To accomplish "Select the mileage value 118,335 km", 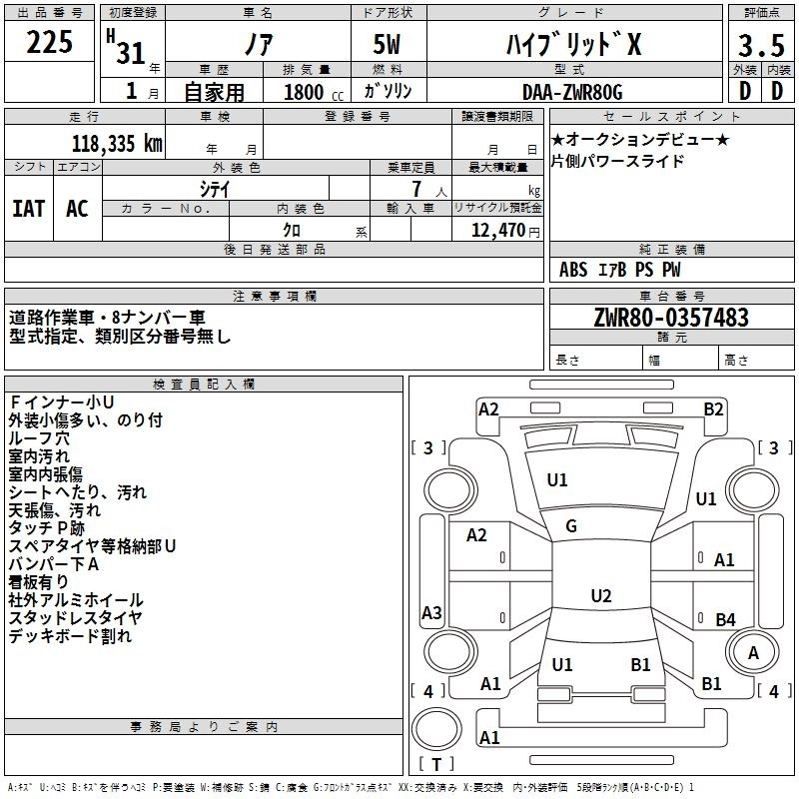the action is (116, 143).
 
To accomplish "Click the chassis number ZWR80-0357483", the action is (670, 318).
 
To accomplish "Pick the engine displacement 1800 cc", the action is (311, 93).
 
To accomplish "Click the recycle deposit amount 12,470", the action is (496, 231).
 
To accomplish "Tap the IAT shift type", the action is (28, 208).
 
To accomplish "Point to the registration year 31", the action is (131, 51).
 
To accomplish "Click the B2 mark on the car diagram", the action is (713, 408).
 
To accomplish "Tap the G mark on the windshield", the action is (570, 526).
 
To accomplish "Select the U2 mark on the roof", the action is (600, 596).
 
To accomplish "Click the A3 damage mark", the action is (431, 612).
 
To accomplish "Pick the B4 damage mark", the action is (725, 619).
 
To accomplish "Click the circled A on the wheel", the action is (754, 652).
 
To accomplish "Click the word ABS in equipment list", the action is (573, 270).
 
